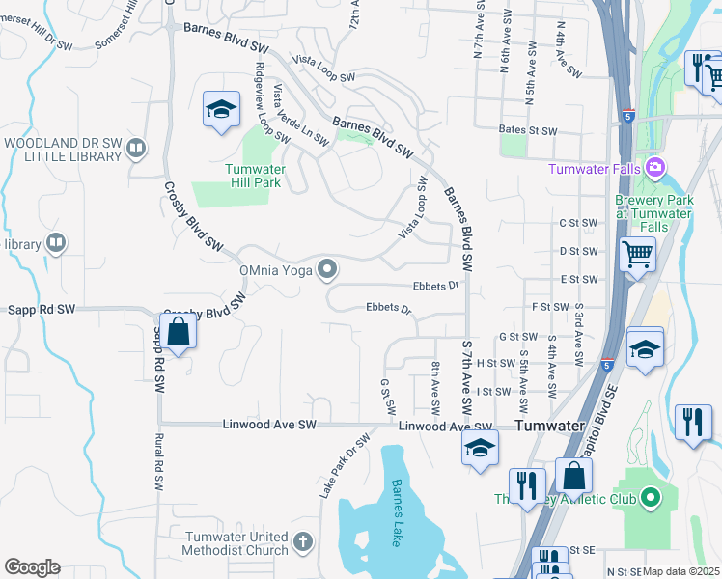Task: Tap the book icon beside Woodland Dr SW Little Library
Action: tap(136, 148)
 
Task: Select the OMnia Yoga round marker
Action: tap(329, 269)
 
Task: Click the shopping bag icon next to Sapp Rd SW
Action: tap(179, 332)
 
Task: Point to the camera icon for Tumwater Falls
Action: tap(655, 169)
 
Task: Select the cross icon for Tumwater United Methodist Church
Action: tap(303, 542)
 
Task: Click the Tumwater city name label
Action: tap(549, 426)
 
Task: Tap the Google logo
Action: tap(32, 567)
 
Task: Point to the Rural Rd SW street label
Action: tap(157, 462)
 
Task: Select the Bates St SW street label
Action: tap(528, 130)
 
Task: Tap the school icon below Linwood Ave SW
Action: tap(480, 449)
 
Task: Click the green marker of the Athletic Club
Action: tap(651, 498)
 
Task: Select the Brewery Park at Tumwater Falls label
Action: tap(653, 207)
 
